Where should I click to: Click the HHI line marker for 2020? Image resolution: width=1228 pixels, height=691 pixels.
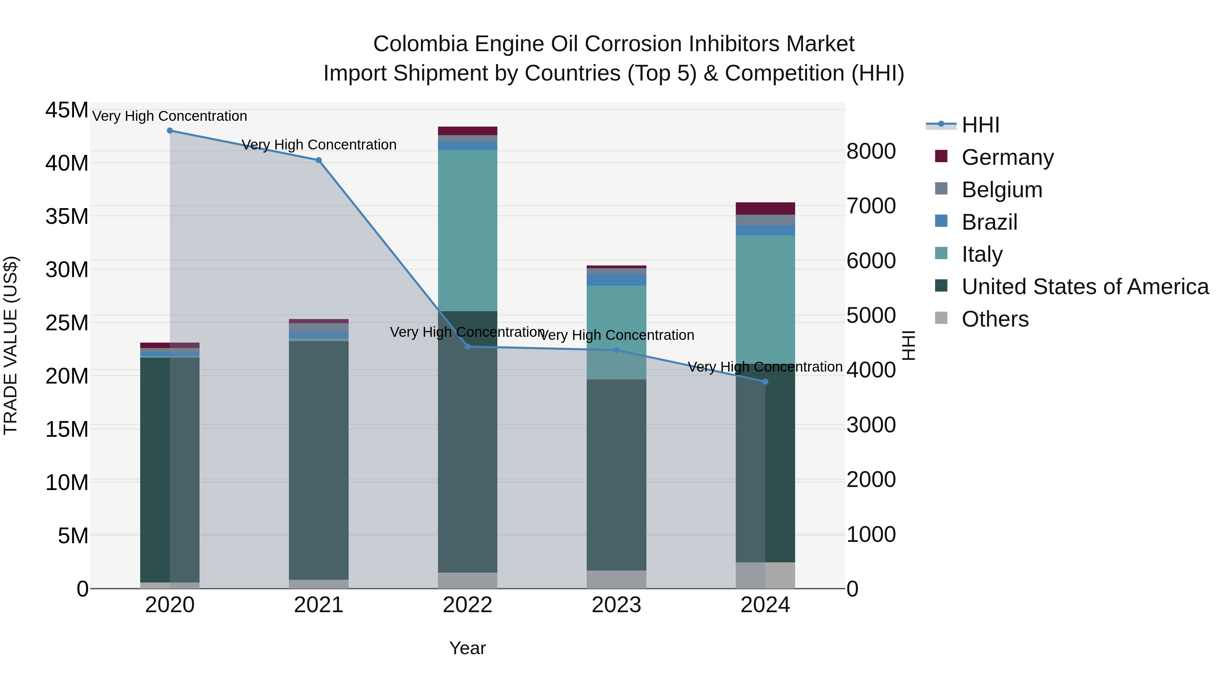(170, 131)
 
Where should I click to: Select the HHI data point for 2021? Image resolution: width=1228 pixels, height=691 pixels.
(319, 160)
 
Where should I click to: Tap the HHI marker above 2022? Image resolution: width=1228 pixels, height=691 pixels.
(468, 347)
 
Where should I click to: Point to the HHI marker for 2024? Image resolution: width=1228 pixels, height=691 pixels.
(765, 382)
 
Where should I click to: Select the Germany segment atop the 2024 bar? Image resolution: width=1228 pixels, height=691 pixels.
(765, 208)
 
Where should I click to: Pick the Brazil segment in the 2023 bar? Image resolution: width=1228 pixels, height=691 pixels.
(616, 280)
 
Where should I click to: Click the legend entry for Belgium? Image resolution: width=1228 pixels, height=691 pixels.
(1002, 190)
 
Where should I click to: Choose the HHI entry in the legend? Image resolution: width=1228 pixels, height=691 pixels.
(980, 125)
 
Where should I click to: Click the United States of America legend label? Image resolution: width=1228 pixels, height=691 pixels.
(1085, 287)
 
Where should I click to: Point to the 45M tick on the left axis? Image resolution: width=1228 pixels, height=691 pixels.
(67, 110)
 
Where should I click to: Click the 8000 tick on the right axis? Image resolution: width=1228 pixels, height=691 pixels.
(871, 151)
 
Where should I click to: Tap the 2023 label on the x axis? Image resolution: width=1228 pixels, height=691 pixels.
(616, 605)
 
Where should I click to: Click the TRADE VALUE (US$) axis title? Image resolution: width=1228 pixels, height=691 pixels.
(11, 345)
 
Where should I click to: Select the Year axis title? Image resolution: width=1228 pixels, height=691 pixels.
(467, 648)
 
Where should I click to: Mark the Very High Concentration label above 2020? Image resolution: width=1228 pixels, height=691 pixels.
(170, 116)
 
